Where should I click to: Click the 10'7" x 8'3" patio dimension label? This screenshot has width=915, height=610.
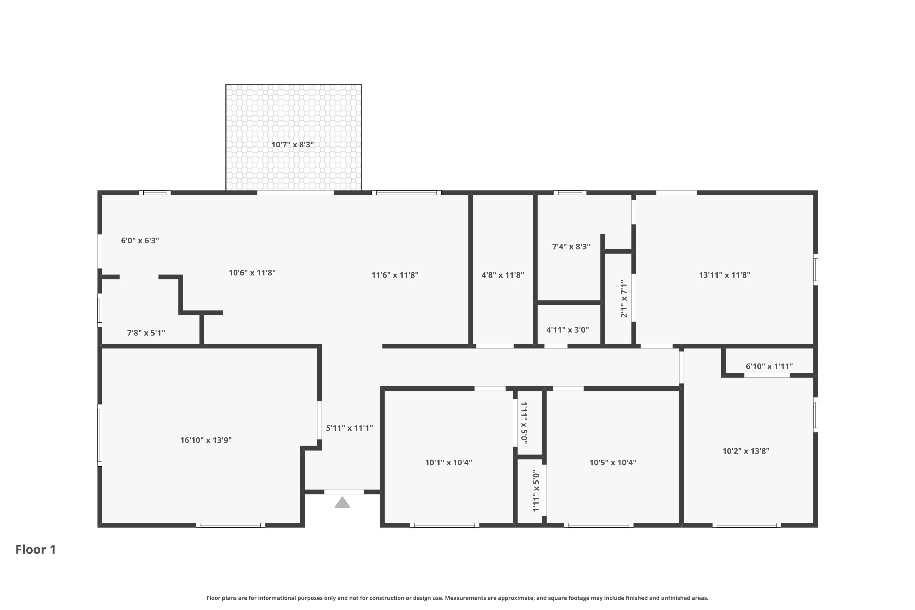(292, 145)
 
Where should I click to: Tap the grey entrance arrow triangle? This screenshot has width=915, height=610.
(342, 503)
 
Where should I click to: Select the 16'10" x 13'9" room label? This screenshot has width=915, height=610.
(206, 440)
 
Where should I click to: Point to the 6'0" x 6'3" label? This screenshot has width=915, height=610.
(140, 240)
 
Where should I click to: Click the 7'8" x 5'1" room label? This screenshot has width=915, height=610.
(146, 333)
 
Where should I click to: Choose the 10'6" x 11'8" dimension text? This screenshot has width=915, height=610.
(252, 273)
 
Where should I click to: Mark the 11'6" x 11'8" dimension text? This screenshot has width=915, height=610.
(395, 275)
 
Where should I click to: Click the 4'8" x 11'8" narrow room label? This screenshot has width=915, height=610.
(503, 275)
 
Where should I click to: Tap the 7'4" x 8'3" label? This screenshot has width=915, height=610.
(571, 247)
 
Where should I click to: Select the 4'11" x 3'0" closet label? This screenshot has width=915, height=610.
(568, 330)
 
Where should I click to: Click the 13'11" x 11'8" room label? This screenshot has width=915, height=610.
(724, 275)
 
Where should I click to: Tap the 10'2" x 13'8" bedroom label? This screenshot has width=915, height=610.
(746, 451)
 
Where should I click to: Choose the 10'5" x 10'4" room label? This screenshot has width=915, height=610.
(613, 463)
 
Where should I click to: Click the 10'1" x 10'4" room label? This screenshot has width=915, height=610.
(449, 463)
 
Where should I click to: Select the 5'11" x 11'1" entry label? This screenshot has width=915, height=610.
(349, 428)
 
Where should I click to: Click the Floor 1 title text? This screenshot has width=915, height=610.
(36, 550)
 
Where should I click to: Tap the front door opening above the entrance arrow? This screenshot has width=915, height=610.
(344, 492)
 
